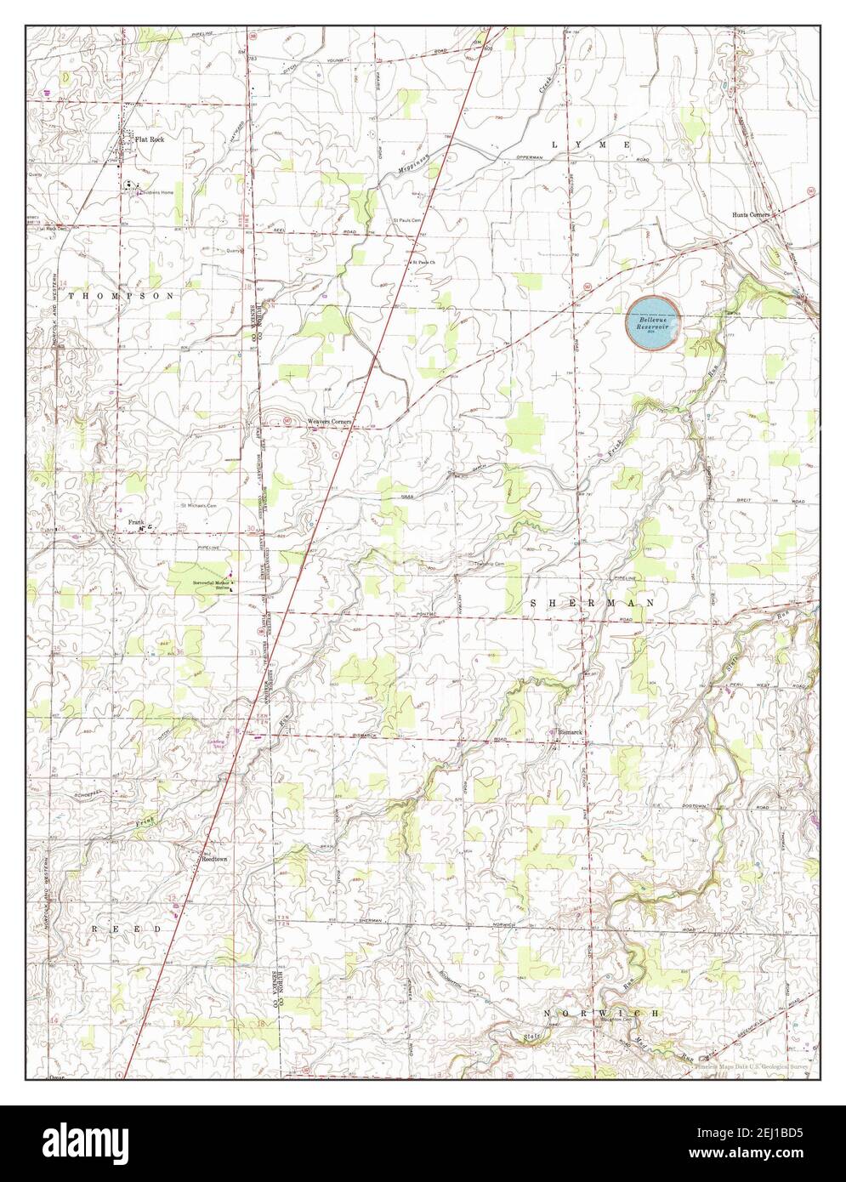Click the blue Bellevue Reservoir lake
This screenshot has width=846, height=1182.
pyautogui.click(x=652, y=321)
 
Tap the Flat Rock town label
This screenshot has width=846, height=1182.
pyautogui.click(x=150, y=139)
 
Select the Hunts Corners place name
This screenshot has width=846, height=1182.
pyautogui.click(x=751, y=215)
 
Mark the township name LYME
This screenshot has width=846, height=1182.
pyautogui.click(x=591, y=145)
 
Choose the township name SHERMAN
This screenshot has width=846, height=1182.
pyautogui.click(x=593, y=602)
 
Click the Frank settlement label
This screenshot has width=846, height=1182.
pyautogui.click(x=135, y=521)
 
